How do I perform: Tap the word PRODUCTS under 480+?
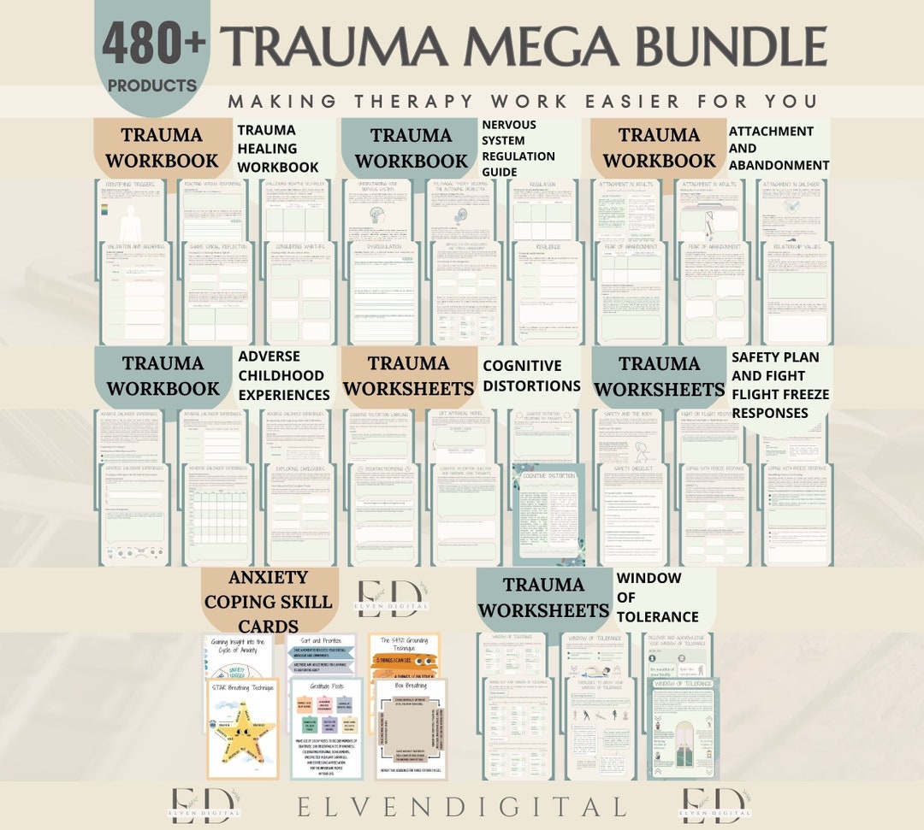click(152, 85)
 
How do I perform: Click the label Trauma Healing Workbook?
click(277, 148)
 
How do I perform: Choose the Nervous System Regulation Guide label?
click(518, 148)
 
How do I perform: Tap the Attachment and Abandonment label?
click(779, 148)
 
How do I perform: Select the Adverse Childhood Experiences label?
click(283, 375)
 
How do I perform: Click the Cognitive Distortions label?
click(531, 375)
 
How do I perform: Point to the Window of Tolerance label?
click(657, 597)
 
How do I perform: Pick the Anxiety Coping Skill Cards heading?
click(268, 601)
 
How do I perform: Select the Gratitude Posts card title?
click(327, 684)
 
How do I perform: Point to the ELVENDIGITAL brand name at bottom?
click(462, 805)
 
